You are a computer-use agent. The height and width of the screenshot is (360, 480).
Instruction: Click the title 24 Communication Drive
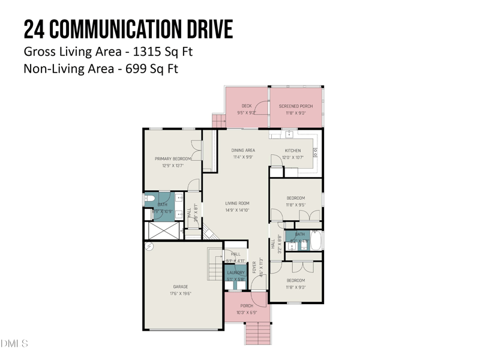coord(128,29)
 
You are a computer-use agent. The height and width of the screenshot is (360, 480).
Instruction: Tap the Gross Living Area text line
coord(108,52)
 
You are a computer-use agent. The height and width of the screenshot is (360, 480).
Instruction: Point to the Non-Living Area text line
coord(101,69)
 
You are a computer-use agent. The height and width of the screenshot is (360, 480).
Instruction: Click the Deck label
coord(247,106)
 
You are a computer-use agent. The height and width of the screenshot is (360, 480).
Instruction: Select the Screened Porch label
coord(296,106)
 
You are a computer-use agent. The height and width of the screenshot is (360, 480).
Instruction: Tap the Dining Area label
coord(244,150)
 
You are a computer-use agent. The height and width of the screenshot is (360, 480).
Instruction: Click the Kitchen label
coord(293,151)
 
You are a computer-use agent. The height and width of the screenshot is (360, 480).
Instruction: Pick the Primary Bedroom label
coord(173,158)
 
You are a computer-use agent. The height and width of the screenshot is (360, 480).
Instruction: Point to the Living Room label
coord(237,203)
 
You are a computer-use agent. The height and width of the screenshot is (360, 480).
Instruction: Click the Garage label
coord(181,287)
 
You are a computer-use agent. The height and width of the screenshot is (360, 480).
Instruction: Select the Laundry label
coord(236,272)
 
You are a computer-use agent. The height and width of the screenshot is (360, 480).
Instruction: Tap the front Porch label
coord(247,306)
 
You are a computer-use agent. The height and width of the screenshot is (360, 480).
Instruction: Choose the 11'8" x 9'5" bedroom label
coord(295,198)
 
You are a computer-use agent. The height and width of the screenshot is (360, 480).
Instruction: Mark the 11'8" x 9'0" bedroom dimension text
coord(295,287)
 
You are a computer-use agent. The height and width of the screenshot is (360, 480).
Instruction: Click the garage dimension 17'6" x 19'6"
coord(181,294)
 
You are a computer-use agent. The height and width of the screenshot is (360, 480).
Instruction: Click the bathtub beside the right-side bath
coord(316,240)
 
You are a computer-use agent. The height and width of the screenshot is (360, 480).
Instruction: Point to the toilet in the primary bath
coord(149,197)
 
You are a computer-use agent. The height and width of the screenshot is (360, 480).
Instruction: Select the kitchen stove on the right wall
coord(315,152)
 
